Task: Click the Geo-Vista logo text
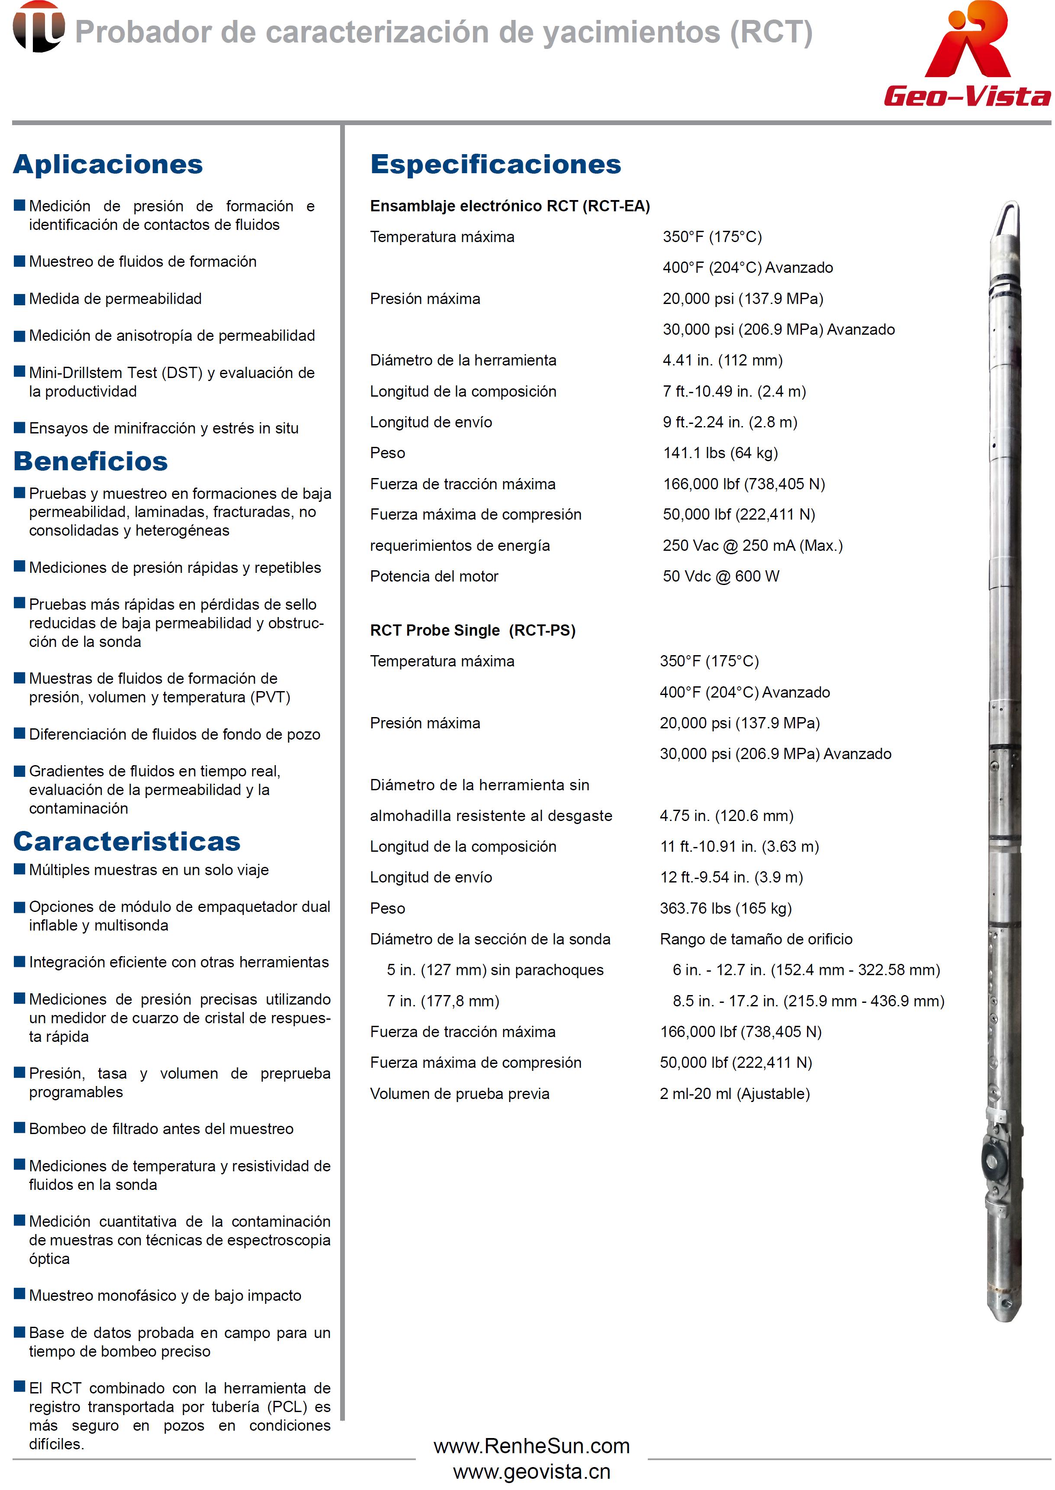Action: pos(967,96)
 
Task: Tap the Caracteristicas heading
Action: pos(127,841)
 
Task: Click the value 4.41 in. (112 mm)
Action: pos(722,360)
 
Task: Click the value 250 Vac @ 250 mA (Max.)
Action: pos(752,546)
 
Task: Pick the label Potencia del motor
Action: pos(434,577)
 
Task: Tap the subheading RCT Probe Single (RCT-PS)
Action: pos(472,630)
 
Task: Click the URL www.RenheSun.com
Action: pos(531,1446)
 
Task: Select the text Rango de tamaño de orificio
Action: pos(756,939)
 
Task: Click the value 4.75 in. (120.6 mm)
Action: pos(726,816)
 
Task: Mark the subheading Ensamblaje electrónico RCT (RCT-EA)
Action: pos(509,206)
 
